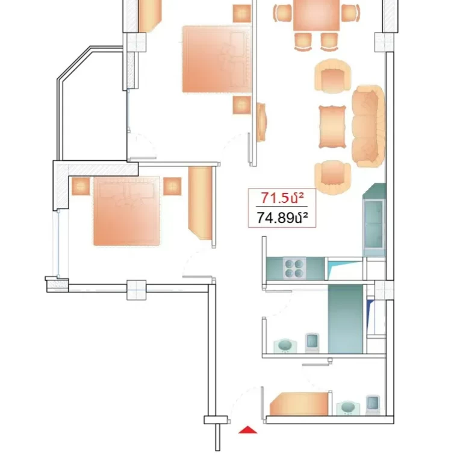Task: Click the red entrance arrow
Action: point(247,430)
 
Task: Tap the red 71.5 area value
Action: point(282,198)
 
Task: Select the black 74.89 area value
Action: point(282,218)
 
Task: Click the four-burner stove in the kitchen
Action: point(294,268)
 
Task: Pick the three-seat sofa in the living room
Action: point(368,127)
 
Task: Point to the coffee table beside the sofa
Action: point(332,127)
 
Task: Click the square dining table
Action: point(316,15)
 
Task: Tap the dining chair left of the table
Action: point(282,13)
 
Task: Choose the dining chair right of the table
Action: point(350,13)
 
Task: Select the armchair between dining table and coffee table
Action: point(332,76)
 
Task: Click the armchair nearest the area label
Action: point(332,177)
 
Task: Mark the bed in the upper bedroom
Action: point(217,59)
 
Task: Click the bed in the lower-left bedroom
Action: point(126,211)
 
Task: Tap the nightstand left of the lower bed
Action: point(81,186)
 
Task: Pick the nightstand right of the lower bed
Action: point(172,186)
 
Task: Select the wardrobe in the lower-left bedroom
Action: point(201,203)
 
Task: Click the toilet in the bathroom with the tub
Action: point(312,343)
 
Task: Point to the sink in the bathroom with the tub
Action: point(285,346)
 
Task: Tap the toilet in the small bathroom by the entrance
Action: point(373,405)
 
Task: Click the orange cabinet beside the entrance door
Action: point(299,404)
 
